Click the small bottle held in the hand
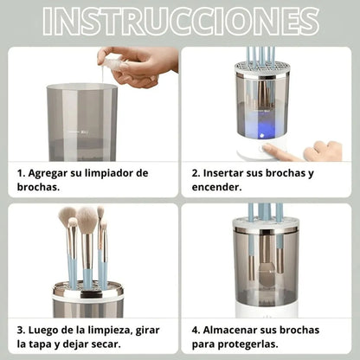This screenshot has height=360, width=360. [x=111, y=59]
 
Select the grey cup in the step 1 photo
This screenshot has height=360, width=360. [x=82, y=121]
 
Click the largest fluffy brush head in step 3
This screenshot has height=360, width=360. [x=87, y=220]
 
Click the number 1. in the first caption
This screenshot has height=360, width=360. [x=21, y=173]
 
